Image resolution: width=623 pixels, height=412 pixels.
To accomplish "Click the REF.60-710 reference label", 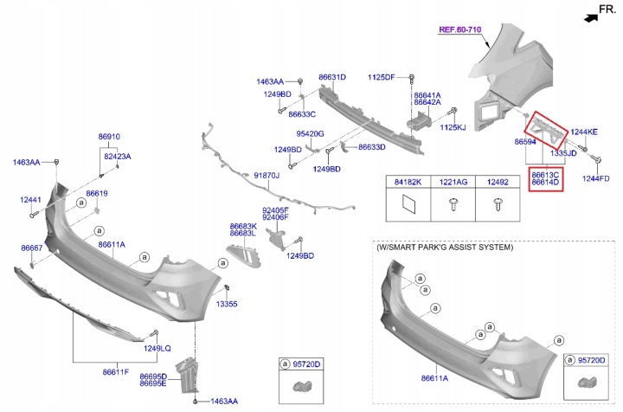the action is (459, 29).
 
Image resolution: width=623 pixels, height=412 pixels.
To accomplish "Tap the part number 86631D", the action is (332, 77).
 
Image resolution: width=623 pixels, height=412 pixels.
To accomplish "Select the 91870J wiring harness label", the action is (267, 175).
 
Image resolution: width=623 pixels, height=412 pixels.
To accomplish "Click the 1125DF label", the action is (382, 77).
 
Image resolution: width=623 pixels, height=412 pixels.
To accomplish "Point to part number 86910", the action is (109, 136).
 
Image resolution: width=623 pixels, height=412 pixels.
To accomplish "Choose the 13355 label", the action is (227, 304).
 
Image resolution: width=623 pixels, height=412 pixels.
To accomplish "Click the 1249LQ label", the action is (157, 348).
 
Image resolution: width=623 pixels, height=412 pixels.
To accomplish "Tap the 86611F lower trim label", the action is (116, 372).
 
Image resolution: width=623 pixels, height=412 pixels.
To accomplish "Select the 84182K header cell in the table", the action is (408, 182).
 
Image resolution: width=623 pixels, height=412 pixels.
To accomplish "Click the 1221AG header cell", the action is (453, 182).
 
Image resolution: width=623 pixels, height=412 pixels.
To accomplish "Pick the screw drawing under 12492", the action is (498, 204).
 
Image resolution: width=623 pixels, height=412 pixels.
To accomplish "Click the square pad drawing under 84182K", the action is (408, 204).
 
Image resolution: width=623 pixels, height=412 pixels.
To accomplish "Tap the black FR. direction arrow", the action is (591, 18).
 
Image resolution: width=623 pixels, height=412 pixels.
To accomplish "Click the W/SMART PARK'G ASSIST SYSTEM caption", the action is (445, 248).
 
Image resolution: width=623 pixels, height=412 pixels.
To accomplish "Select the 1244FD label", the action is (595, 178).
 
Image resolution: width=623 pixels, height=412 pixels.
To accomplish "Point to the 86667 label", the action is (32, 248).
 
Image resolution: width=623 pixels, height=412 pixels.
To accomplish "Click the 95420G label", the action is (310, 134).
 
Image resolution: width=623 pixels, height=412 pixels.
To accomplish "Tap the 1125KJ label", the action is (453, 127).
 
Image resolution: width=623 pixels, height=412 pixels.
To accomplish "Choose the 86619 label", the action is (97, 194).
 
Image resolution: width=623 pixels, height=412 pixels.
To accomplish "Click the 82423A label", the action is (118, 156).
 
